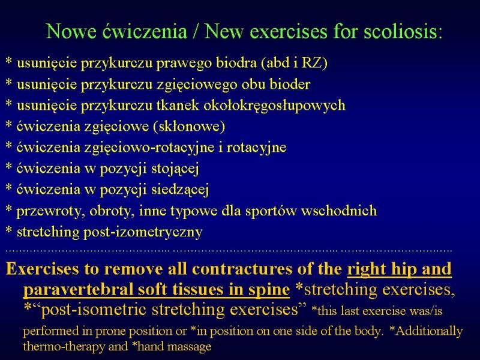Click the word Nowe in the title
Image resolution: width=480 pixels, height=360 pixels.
(x=71, y=31)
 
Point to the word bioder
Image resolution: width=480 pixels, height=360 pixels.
(x=290, y=84)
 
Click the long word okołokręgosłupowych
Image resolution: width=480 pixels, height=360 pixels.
(x=274, y=106)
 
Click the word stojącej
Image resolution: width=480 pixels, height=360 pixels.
(x=175, y=169)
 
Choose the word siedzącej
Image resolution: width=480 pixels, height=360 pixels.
(x=180, y=190)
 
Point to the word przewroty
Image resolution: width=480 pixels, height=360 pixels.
(x=50, y=211)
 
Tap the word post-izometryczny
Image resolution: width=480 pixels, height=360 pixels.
(x=143, y=232)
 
